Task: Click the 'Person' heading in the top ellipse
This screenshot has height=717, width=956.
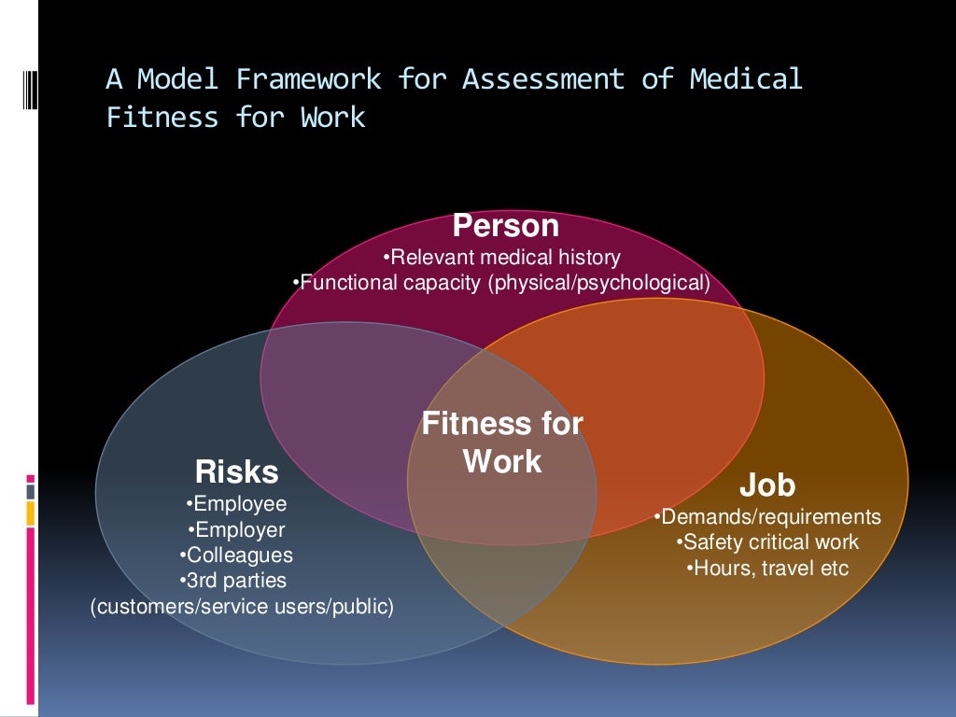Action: pyautogui.click(x=505, y=226)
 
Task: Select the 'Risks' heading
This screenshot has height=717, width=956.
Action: pyautogui.click(x=236, y=472)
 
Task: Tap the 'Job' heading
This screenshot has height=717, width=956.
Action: pyautogui.click(x=767, y=485)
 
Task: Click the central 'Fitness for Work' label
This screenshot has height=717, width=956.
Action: pyautogui.click(x=502, y=443)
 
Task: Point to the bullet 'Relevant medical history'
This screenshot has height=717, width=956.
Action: pyautogui.click(x=501, y=257)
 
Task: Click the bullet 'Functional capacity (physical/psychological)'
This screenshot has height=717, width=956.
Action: pyautogui.click(x=501, y=283)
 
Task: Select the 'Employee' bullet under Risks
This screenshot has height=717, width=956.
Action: pyautogui.click(x=236, y=504)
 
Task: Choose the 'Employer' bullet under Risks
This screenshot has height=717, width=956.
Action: pyautogui.click(x=236, y=530)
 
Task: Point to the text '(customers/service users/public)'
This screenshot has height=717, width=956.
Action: pyautogui.click(x=242, y=607)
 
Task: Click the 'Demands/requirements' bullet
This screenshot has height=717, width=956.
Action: pyautogui.click(x=767, y=516)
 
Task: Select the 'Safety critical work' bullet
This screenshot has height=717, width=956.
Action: pyautogui.click(x=767, y=542)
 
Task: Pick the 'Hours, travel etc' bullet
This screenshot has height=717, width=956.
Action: pyautogui.click(x=767, y=568)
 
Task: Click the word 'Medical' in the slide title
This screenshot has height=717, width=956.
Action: pyautogui.click(x=745, y=80)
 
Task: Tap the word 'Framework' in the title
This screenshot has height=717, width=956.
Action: pyautogui.click(x=308, y=80)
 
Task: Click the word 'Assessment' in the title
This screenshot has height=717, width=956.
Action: pyautogui.click(x=542, y=80)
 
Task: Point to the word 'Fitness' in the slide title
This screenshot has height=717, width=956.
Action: pyautogui.click(x=162, y=119)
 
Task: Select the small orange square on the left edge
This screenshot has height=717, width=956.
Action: pyautogui.click(x=31, y=513)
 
